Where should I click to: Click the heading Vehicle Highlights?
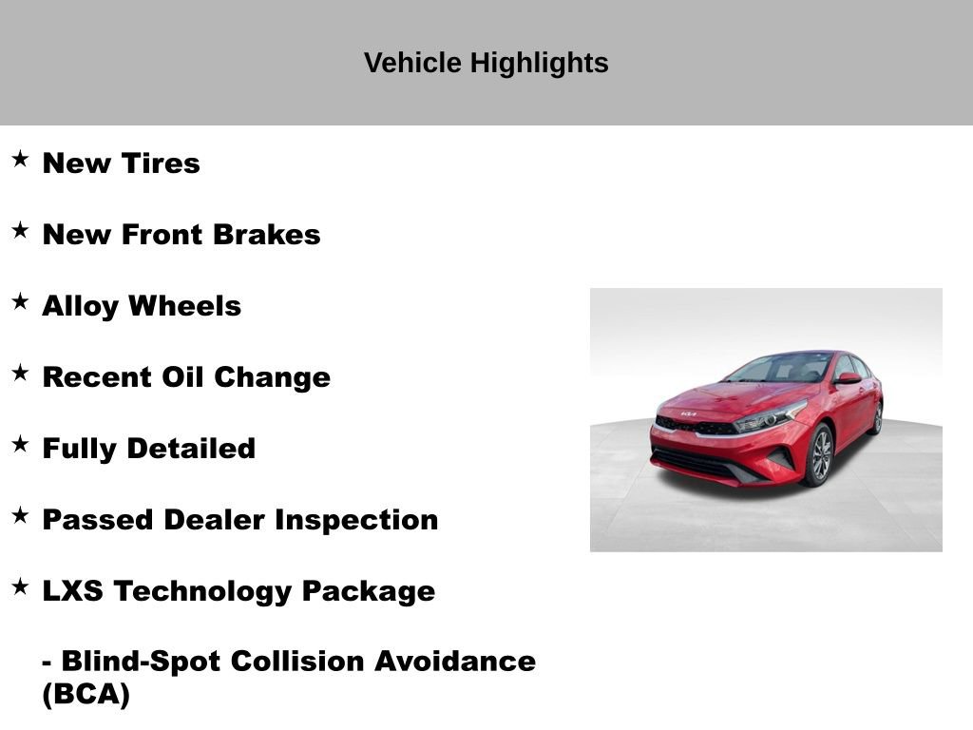click(486, 64)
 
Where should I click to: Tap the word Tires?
click(161, 163)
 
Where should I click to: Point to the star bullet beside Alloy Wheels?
click(21, 301)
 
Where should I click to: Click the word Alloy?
click(80, 306)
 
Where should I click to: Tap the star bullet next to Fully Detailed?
click(21, 444)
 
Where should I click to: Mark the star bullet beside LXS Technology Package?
click(21, 586)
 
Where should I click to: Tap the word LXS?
click(73, 591)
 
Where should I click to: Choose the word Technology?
click(203, 591)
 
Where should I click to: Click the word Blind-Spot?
click(132, 662)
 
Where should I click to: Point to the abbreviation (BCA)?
click(86, 695)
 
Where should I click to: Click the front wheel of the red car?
click(819, 455)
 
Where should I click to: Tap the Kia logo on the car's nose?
click(688, 414)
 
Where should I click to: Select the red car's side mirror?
click(848, 378)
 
